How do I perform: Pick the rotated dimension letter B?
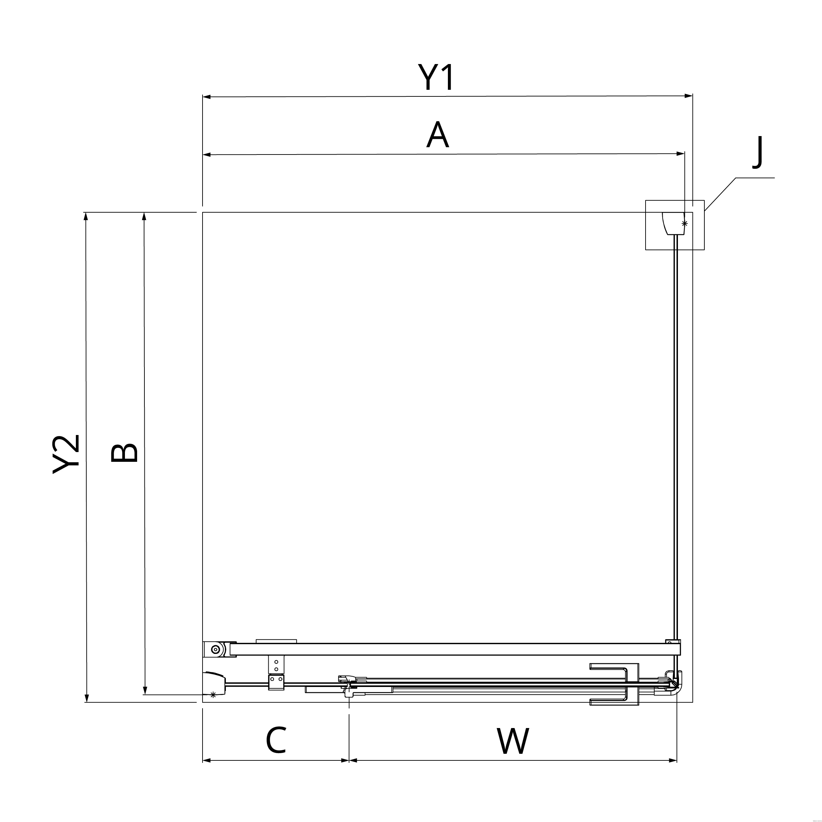pos(124,453)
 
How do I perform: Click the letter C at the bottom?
pos(276,740)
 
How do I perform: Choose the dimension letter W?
pos(513,741)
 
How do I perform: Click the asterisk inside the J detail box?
pos(684,223)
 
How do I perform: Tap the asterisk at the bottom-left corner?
pos(213,695)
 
